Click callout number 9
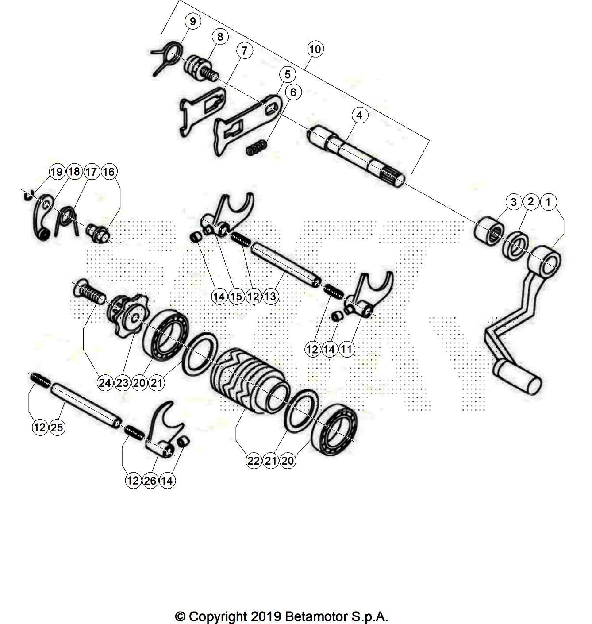(x=192, y=22)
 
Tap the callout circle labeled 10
(x=315, y=49)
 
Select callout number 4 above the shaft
(x=359, y=115)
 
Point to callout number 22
(x=254, y=461)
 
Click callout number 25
(x=57, y=427)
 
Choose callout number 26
(x=150, y=481)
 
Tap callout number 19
(x=57, y=172)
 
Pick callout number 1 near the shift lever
(x=548, y=201)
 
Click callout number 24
(x=105, y=383)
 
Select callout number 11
(x=346, y=349)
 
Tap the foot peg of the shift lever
(x=517, y=377)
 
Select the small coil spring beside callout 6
(x=257, y=148)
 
